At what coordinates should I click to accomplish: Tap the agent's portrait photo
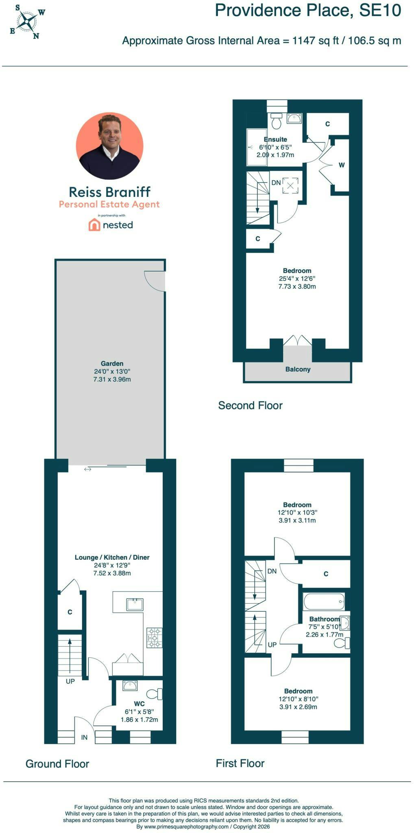coord(110,146)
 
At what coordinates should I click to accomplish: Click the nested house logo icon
coord(94,225)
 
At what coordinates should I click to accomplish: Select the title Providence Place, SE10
coord(308,11)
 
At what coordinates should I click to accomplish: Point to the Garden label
coord(112,364)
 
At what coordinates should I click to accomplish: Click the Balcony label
coord(298,369)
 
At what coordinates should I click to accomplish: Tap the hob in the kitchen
coord(155,638)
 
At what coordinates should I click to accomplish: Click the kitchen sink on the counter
coord(135,604)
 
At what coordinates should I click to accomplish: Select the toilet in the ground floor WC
coord(155,694)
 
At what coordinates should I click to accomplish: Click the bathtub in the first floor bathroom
coord(324,601)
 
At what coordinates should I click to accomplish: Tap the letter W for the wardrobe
coord(342,165)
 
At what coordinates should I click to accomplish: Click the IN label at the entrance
coord(84,737)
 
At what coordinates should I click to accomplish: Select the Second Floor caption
coord(250,406)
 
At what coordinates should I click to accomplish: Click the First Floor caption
coord(240,763)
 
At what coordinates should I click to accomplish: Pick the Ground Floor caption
coord(57,764)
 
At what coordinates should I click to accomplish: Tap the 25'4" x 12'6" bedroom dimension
coord(297,279)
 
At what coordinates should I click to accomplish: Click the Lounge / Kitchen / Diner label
coord(112,558)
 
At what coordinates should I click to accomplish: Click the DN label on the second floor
coord(276,183)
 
